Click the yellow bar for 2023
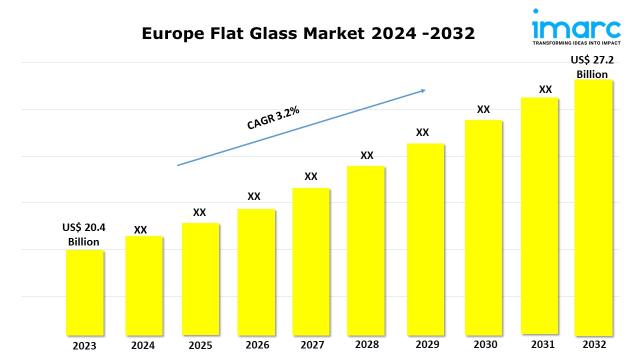pos(85,292)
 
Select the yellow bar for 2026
pos(256,272)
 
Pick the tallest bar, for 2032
pos(593,207)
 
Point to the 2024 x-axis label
pos(143,345)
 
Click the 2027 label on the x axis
pos(312,345)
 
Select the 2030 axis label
pos(485,344)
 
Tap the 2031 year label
pos(542,344)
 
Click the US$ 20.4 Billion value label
pos(84,234)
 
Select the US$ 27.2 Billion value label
pos(592,67)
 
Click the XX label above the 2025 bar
pos(199,212)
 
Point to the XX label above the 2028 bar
pos(367,155)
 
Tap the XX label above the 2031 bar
pos(545,89)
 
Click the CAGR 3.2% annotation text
pos(273,118)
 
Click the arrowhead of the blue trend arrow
pos(423,90)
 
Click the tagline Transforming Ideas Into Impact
pos(576,43)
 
